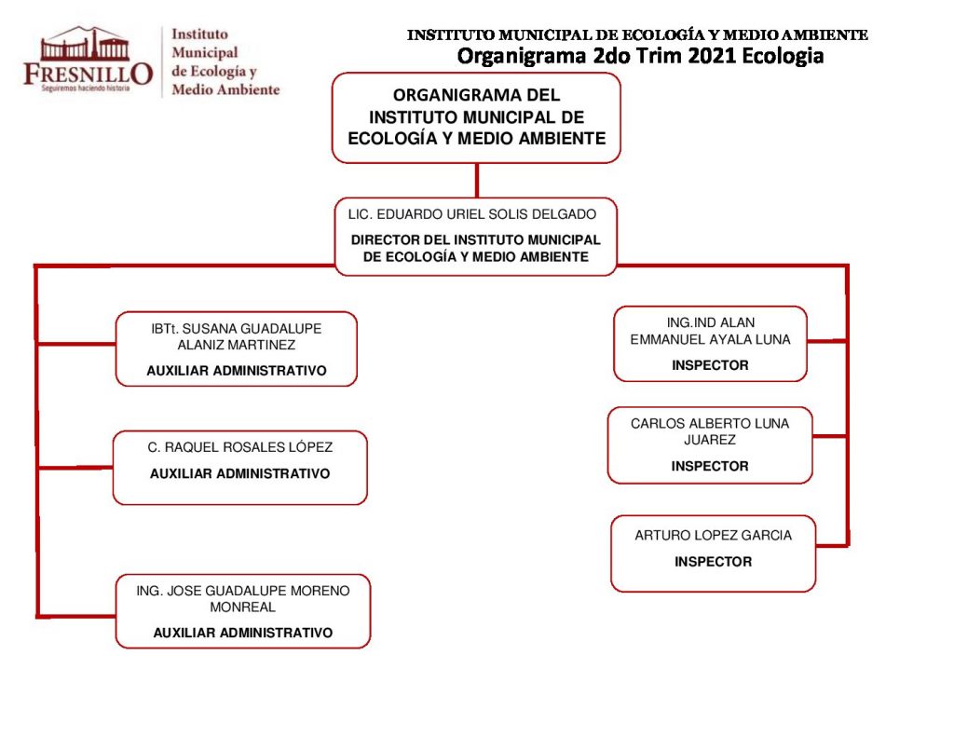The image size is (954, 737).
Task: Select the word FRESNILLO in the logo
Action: pos(88,74)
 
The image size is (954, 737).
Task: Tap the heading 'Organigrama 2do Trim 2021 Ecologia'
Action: pos(640,56)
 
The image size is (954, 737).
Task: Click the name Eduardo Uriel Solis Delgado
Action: pos(471,214)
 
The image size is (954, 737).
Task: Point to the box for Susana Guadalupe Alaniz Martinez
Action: pos(236,348)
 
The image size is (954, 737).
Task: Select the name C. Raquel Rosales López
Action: pos(239,447)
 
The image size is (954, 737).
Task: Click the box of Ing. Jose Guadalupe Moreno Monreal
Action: pos(242,611)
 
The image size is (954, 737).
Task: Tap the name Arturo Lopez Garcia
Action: pos(713,536)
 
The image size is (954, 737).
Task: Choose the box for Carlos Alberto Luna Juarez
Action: pos(710,445)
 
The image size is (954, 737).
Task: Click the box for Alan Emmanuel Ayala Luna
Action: pos(710,344)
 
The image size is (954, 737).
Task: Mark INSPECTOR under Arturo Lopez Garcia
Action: pos(713,562)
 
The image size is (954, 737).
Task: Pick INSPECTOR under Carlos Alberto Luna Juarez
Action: pos(710,466)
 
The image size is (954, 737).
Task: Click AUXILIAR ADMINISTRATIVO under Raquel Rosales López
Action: pos(239,473)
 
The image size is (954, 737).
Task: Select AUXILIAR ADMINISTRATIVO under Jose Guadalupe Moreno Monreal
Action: pos(242,633)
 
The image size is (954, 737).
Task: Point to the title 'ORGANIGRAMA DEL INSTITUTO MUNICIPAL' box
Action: pos(476,117)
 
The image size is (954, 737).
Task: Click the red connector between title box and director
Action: pos(476,180)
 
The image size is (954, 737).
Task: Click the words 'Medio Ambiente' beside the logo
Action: pos(225,89)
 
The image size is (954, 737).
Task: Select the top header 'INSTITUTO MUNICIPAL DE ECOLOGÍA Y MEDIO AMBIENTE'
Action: pos(637,35)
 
